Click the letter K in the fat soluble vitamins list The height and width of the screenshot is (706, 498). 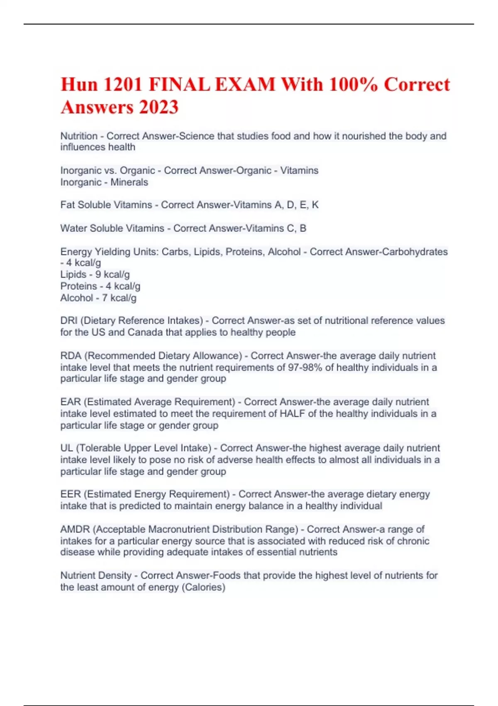click(315, 205)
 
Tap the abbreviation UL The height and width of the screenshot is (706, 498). click(66, 448)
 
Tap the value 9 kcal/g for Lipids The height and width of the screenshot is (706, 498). click(112, 275)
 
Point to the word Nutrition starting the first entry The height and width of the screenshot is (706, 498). click(79, 136)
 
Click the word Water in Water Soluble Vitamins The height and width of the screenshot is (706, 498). click(73, 228)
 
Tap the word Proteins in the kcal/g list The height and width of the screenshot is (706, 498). click(78, 286)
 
